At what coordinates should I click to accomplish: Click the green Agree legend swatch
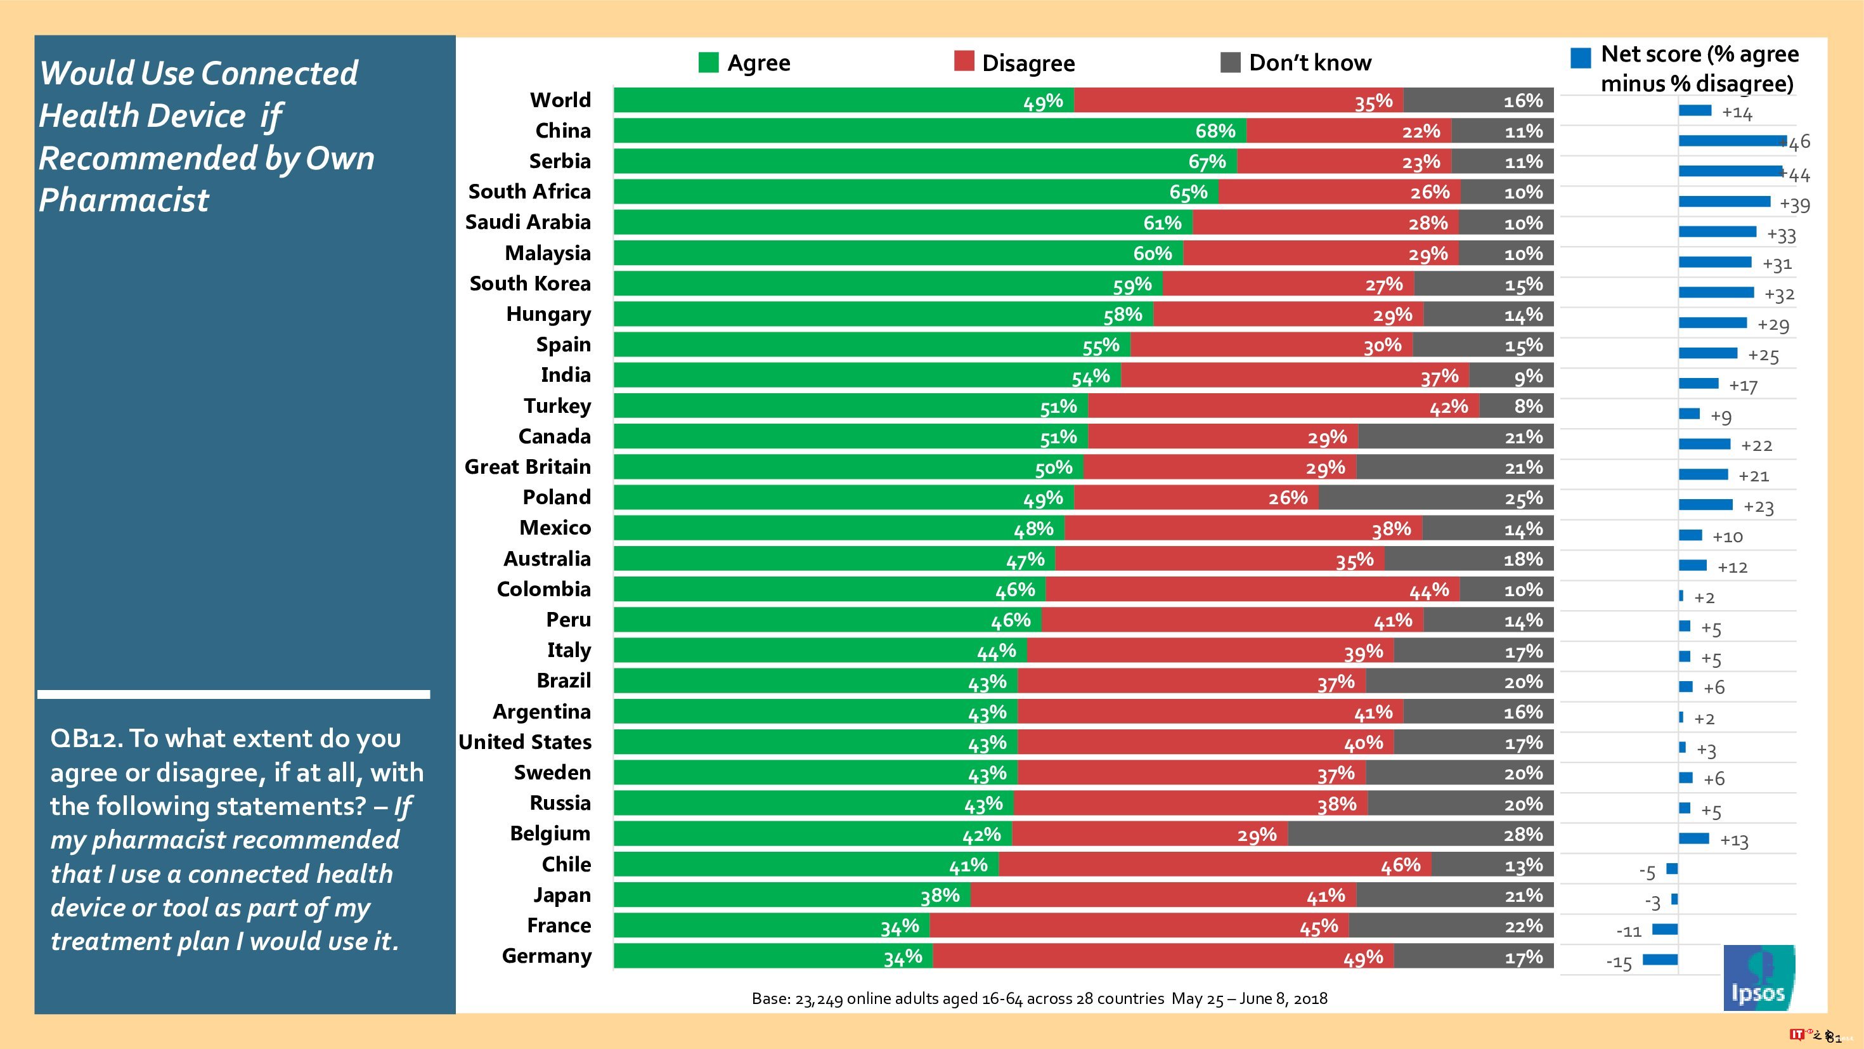coord(708,62)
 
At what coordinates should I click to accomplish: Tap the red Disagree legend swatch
coord(964,62)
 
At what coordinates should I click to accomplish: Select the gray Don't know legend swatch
coord(1230,62)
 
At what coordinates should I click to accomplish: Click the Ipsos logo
coord(1758,977)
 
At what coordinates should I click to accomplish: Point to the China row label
coord(563,131)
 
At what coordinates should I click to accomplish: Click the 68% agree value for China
coord(1215,131)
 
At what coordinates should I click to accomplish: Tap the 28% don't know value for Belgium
coord(1522,835)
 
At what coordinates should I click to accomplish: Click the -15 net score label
coord(1619,963)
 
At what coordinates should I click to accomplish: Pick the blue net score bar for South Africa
coord(1725,201)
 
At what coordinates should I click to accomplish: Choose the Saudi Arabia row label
coord(527,222)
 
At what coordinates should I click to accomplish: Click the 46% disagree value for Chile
coord(1400,865)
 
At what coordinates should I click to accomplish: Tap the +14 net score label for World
coord(1737,113)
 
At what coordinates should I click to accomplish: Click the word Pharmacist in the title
coord(124,200)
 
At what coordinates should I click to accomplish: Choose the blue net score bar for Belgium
coord(1694,838)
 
